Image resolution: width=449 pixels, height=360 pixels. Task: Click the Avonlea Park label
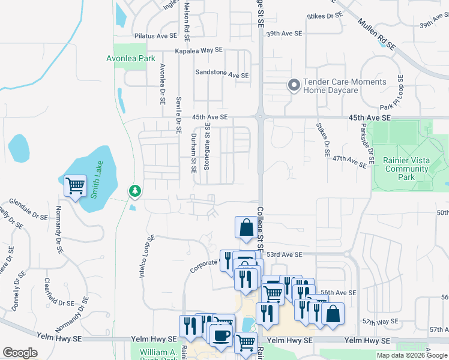[x=130, y=58]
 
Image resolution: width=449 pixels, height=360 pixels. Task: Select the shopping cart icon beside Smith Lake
[x=75, y=186]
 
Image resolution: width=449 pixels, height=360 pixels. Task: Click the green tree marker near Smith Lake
[x=135, y=191]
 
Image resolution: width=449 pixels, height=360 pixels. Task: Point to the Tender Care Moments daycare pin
[x=294, y=86]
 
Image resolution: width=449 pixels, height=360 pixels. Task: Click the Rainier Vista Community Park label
[x=407, y=169]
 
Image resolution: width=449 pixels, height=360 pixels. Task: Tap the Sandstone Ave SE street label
[x=221, y=75]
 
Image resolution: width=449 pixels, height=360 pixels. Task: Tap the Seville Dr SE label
[x=179, y=113]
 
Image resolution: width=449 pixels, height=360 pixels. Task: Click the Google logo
[x=20, y=353]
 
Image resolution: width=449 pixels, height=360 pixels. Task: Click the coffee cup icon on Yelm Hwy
[x=221, y=335]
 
